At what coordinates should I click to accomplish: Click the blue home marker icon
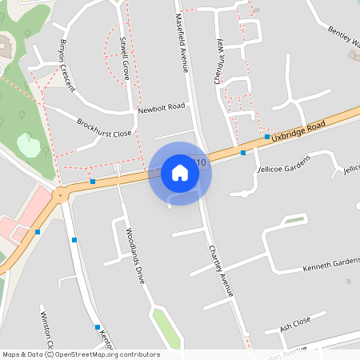coord(180,173)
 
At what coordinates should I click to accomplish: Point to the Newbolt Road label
coord(161,107)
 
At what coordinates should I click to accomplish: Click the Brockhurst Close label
coord(104,128)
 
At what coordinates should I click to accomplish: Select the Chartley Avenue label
coord(221,270)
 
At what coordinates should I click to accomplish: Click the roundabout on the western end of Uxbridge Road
coord(58,194)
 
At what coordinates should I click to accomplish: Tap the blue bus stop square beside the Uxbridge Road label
coord(267,137)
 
